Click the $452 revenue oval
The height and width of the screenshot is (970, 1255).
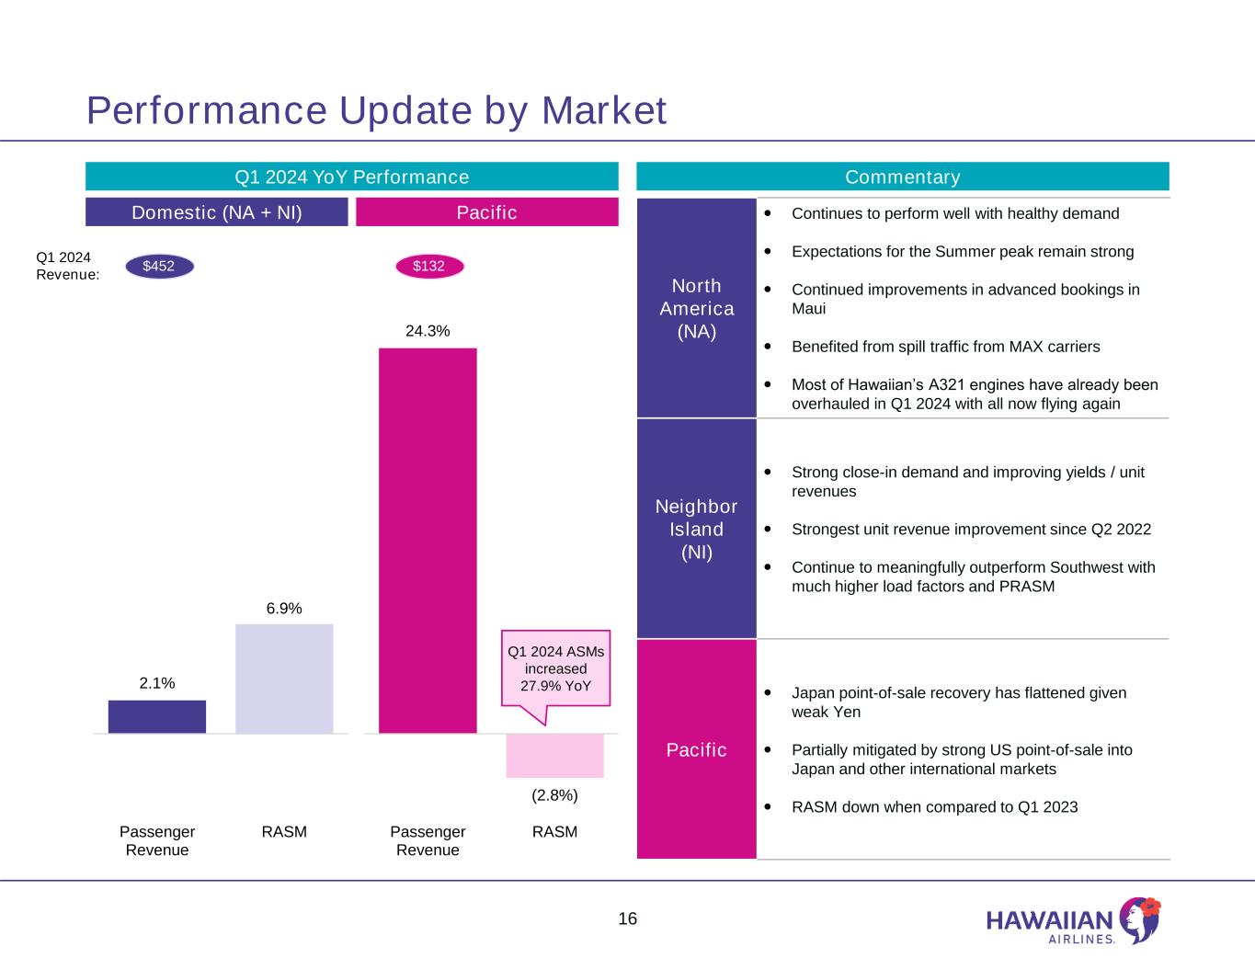[x=158, y=267]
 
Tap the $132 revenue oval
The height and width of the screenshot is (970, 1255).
[x=428, y=267]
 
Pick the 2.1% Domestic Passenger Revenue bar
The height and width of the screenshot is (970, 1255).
[x=157, y=716]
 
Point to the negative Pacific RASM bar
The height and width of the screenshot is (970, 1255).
[x=554, y=756]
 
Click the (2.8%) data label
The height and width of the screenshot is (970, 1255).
[x=554, y=794]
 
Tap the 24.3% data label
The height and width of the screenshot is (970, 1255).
[x=428, y=331]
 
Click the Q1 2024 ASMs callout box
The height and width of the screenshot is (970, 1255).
[x=555, y=668]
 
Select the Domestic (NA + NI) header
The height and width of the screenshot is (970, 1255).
[x=217, y=212]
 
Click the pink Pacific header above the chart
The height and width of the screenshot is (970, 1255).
[x=486, y=212]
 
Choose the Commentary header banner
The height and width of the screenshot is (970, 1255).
[x=902, y=177]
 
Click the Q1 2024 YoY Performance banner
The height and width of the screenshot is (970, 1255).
[x=351, y=177]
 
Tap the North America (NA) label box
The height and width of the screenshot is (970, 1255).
[x=696, y=308]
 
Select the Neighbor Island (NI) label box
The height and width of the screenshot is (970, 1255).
[x=696, y=529]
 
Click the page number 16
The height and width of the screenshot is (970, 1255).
[x=627, y=919]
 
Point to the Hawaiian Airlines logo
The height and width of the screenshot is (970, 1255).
[x=1072, y=921]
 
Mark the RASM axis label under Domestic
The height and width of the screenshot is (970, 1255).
[x=284, y=832]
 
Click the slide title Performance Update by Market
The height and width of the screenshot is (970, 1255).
[x=376, y=110]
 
